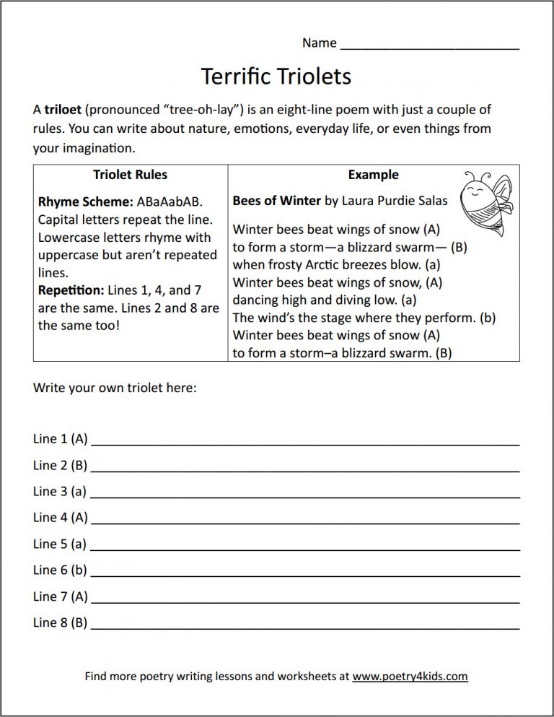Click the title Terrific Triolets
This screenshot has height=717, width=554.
coord(276,76)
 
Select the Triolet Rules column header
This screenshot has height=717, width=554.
coord(130,175)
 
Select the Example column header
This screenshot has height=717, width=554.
coord(373,175)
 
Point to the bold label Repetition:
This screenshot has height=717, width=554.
coord(70,290)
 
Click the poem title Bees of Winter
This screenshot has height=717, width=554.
coord(276,201)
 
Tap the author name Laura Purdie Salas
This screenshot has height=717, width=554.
coord(394,201)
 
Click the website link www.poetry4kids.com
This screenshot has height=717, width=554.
coord(410,677)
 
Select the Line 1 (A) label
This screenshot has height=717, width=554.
coord(60,438)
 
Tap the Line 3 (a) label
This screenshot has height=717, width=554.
coord(60,491)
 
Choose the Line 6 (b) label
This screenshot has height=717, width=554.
coord(60,570)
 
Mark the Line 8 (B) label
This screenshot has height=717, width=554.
coord(60,622)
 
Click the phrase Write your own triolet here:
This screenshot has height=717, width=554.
coord(115,388)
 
